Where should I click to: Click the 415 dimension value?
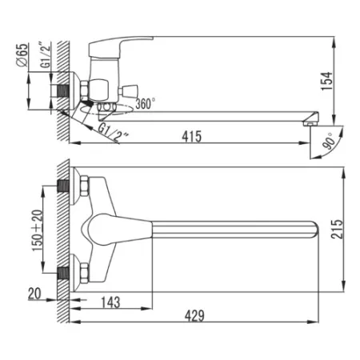pyautogui.click(x=192, y=137)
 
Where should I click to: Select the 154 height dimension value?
pyautogui.click(x=327, y=81)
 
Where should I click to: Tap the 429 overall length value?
pyautogui.click(x=194, y=316)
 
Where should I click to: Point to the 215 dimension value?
pyautogui.click(x=337, y=230)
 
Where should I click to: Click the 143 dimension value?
pyautogui.click(x=110, y=302)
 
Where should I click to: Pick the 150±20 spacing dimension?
pyautogui.click(x=37, y=230)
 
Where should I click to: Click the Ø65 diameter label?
pyautogui.click(x=22, y=55)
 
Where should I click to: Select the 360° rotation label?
pyautogui.click(x=146, y=103)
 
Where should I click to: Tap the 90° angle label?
pyautogui.click(x=329, y=141)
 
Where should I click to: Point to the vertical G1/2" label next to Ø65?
pyautogui.click(x=46, y=55)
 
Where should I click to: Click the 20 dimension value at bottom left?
pyautogui.click(x=34, y=294)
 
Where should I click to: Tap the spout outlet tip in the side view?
pyautogui.click(x=310, y=123)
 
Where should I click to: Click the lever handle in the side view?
pyautogui.click(x=121, y=46)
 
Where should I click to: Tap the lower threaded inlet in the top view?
pyautogui.click(x=64, y=274)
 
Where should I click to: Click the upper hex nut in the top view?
pyautogui.click(x=84, y=186)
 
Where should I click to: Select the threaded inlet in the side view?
pyautogui.click(x=63, y=90)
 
